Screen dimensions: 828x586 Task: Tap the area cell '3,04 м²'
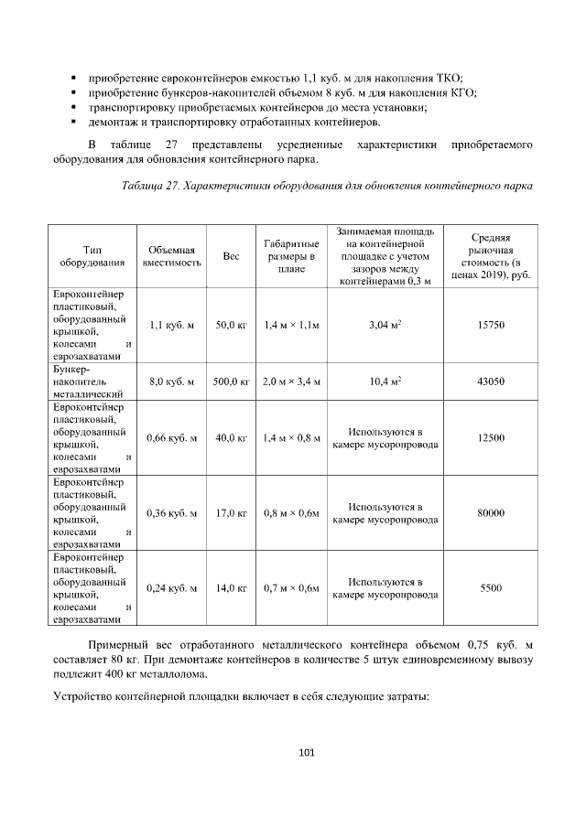pyautogui.click(x=385, y=325)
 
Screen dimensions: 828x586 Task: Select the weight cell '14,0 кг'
pyautogui.click(x=231, y=588)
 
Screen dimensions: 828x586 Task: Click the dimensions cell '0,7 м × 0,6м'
pyautogui.click(x=290, y=588)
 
